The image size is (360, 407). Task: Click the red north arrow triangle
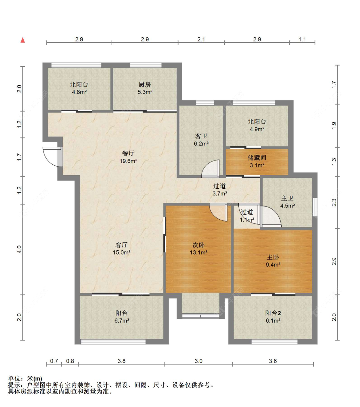[23, 40]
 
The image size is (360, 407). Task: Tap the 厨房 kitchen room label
[145, 85]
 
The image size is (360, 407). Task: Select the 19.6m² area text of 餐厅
[129, 161]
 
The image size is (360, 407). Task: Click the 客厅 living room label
[122, 245]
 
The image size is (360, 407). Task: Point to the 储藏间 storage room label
[257, 158]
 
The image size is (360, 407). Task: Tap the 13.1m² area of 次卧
[199, 252]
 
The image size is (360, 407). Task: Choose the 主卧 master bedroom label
[273, 257]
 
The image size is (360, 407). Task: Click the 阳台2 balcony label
[273, 313]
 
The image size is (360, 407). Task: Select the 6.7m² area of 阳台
[122, 320]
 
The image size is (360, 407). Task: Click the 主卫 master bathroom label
[287, 198]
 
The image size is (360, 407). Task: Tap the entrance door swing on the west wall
[53, 157]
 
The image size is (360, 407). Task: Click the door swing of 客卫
[211, 169]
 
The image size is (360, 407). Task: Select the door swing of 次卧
[218, 212]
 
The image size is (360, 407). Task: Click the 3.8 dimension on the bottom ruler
[122, 361]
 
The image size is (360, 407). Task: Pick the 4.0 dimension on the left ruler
[19, 249]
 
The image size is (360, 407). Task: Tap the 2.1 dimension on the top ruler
[201, 39]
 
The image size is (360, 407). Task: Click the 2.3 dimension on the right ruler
[334, 202]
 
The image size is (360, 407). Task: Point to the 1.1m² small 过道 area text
[247, 220]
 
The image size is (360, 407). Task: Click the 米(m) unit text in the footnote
[34, 379]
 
